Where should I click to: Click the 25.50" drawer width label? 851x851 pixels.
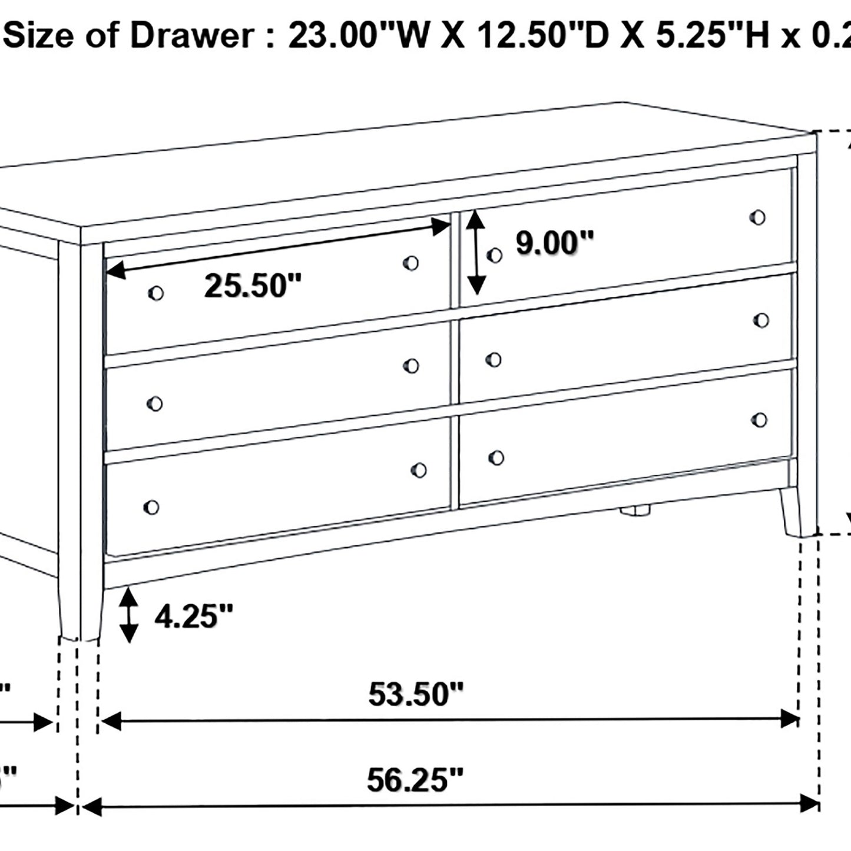[253, 286]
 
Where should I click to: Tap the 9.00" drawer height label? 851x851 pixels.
[555, 243]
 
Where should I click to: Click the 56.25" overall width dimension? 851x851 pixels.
[415, 780]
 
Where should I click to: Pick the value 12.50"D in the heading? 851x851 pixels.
[534, 37]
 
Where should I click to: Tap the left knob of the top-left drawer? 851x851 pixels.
[155, 293]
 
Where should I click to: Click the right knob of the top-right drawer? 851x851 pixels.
[758, 217]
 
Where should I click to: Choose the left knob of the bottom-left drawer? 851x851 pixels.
[151, 507]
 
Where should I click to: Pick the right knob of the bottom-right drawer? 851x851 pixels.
[760, 419]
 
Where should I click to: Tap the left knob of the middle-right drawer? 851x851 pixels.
[494, 359]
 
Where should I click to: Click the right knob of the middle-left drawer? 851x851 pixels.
[412, 366]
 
